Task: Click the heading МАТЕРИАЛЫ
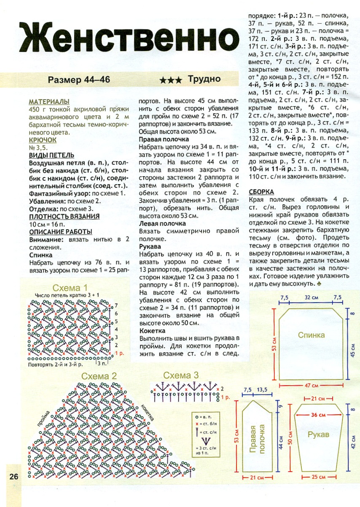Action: [49, 102]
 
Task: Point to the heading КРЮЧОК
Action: [43, 140]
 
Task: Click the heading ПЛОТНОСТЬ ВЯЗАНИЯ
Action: [64, 216]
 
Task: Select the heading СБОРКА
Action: [262, 192]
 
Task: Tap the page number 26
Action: [13, 477]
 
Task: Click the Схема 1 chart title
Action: [70, 288]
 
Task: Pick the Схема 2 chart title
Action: [99, 376]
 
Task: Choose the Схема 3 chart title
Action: [181, 376]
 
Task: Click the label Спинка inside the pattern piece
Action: [312, 335]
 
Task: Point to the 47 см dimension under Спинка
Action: [312, 386]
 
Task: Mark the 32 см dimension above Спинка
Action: [312, 298]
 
